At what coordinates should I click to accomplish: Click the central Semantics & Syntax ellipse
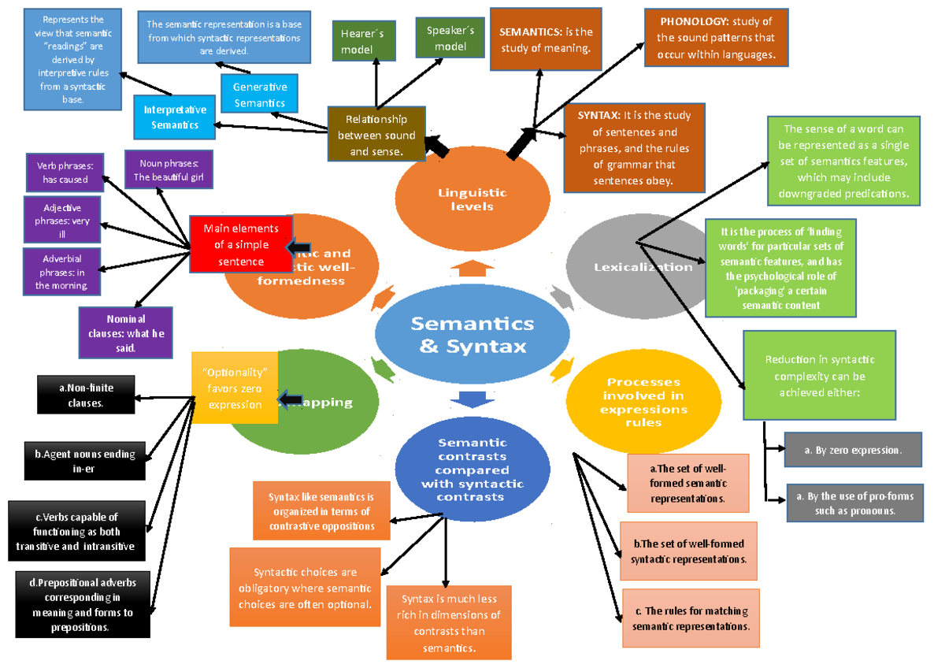click(472, 335)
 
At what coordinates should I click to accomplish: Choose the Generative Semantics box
click(260, 95)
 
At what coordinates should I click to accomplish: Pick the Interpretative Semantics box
click(174, 117)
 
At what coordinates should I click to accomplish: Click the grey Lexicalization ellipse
click(643, 266)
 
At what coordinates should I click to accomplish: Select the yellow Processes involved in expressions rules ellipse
click(643, 403)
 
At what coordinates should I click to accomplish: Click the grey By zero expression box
click(853, 450)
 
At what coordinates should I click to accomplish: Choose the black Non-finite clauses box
click(86, 395)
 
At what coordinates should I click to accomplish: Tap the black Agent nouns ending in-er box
click(84, 461)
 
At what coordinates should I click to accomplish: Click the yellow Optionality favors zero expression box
click(234, 388)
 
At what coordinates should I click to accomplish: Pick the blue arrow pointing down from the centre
click(470, 398)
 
